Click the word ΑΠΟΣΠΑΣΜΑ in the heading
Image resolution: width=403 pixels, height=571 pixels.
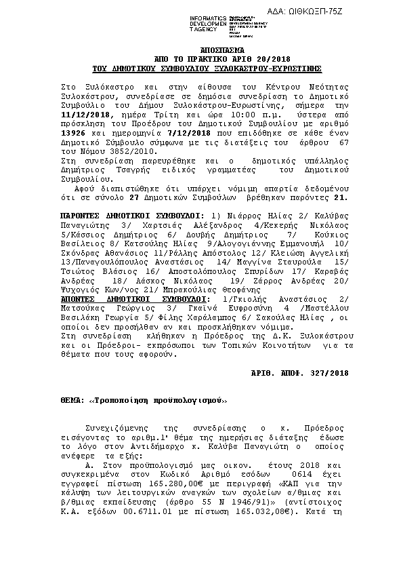point(207,52)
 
